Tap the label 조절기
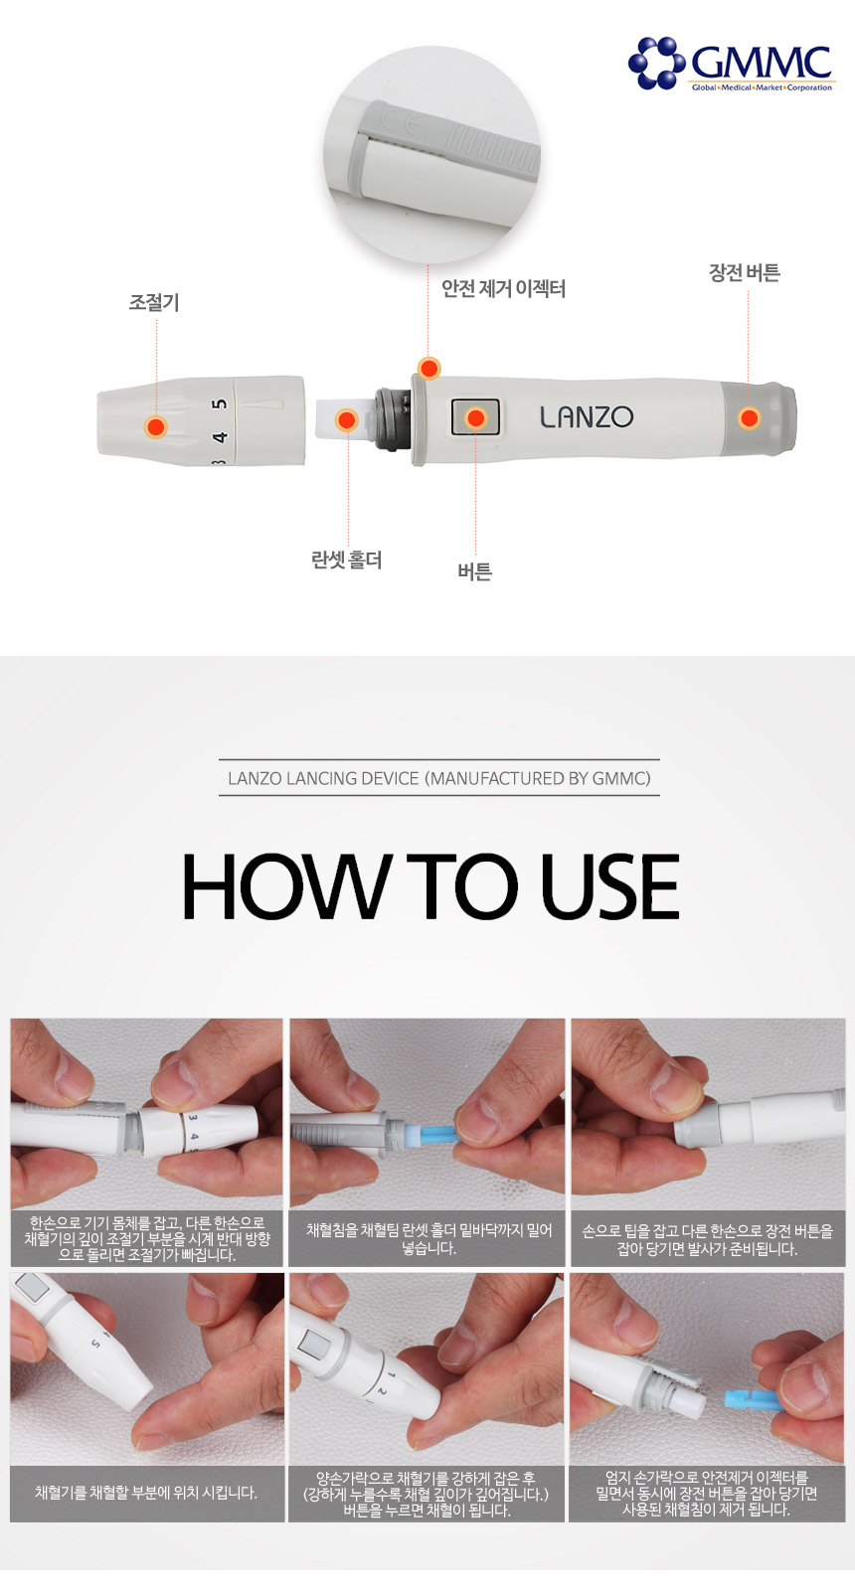(x=153, y=302)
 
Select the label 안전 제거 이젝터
(x=503, y=289)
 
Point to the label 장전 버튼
(x=744, y=272)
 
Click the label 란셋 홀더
(x=347, y=560)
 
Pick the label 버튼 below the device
(x=475, y=571)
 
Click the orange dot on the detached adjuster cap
(x=156, y=427)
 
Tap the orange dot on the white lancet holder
(x=346, y=420)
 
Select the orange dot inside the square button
(x=475, y=417)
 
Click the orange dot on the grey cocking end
(x=749, y=417)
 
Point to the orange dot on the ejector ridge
(x=429, y=368)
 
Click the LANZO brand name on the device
(x=587, y=417)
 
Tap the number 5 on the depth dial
(x=221, y=404)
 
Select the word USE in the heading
(x=609, y=886)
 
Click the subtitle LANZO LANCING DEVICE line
(x=439, y=778)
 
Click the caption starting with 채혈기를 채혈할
(x=146, y=1493)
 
